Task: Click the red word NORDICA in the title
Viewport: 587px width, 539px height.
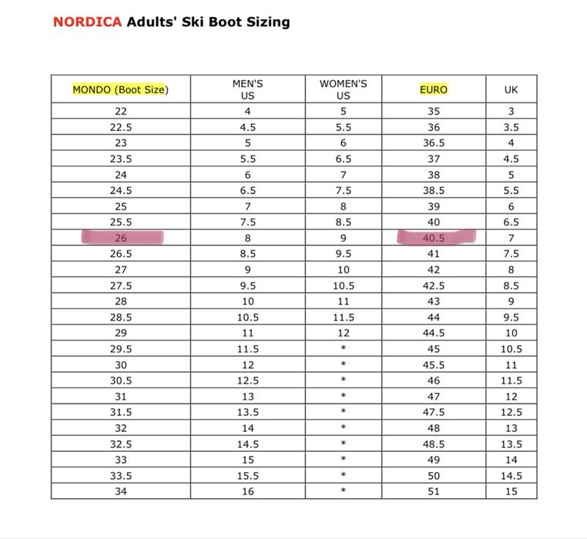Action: pyautogui.click(x=87, y=22)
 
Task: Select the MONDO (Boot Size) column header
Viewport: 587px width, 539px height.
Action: pyautogui.click(x=120, y=89)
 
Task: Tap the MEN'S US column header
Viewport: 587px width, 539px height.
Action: pyautogui.click(x=247, y=89)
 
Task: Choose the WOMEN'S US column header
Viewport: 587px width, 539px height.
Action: pyautogui.click(x=343, y=89)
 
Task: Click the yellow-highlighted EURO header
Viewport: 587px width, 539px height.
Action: pyautogui.click(x=434, y=89)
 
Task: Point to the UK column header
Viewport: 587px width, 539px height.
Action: pyautogui.click(x=511, y=89)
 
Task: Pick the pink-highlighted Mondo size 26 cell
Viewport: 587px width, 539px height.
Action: pyautogui.click(x=121, y=238)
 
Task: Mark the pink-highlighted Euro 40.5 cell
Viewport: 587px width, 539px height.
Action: pyautogui.click(x=434, y=238)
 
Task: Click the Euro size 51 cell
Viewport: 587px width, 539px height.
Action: pyautogui.click(x=434, y=491)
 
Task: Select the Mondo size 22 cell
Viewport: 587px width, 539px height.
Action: pyautogui.click(x=121, y=112)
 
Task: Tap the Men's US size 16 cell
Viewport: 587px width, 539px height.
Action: pyautogui.click(x=247, y=491)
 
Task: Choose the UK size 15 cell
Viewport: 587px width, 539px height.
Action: pyautogui.click(x=511, y=491)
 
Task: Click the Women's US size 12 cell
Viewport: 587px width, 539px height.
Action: pyautogui.click(x=343, y=333)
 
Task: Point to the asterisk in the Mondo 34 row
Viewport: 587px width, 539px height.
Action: pyautogui.click(x=343, y=491)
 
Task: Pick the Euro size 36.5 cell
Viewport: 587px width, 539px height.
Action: pyautogui.click(x=434, y=143)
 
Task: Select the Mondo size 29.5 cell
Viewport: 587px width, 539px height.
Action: pyautogui.click(x=121, y=349)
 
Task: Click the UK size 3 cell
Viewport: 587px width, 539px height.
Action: pyautogui.click(x=511, y=112)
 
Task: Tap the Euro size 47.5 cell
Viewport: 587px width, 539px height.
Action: pyautogui.click(x=434, y=412)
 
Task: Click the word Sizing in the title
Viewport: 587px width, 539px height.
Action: pyautogui.click(x=266, y=22)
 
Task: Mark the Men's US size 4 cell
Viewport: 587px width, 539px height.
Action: pyautogui.click(x=247, y=112)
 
